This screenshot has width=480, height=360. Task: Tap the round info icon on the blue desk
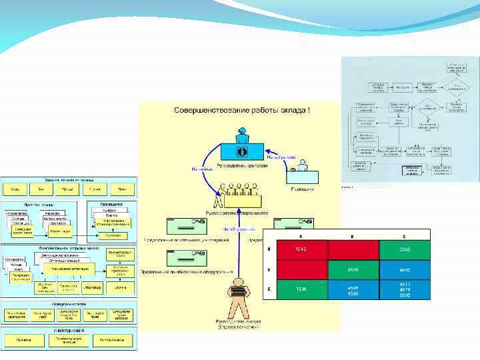[242, 151]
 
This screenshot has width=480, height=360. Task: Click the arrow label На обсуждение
[235, 229]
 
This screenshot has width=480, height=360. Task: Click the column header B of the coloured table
[353, 235]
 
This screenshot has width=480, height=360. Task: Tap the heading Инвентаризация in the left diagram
[69, 330]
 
